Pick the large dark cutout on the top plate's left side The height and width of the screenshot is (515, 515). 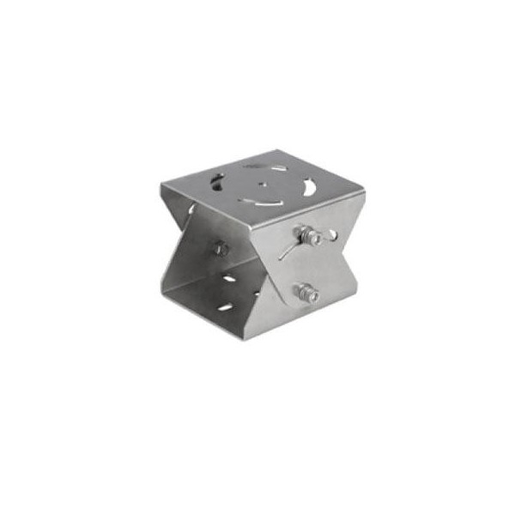tap(216, 183)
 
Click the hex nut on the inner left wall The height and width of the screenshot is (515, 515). tap(221, 248)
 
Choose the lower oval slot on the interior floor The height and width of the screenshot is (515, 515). tap(225, 306)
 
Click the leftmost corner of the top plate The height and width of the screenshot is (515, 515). tap(161, 187)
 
